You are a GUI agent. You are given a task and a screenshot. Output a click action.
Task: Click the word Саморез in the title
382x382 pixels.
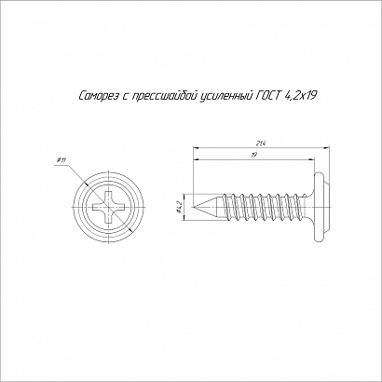point(99,96)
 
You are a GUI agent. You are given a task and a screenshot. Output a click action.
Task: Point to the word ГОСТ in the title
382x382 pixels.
point(268,96)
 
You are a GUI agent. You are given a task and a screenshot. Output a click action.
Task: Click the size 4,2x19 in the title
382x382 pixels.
point(300,96)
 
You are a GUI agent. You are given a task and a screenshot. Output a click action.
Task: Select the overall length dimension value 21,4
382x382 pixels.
point(260,143)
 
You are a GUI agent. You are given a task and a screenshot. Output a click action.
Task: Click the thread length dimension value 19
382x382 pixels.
point(253,156)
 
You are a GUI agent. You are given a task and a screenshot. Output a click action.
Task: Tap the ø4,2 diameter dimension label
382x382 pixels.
point(179,208)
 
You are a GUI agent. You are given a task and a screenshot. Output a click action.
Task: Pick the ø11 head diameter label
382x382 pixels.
point(61,160)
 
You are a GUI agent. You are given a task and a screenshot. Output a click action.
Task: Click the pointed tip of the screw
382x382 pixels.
point(193,207)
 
